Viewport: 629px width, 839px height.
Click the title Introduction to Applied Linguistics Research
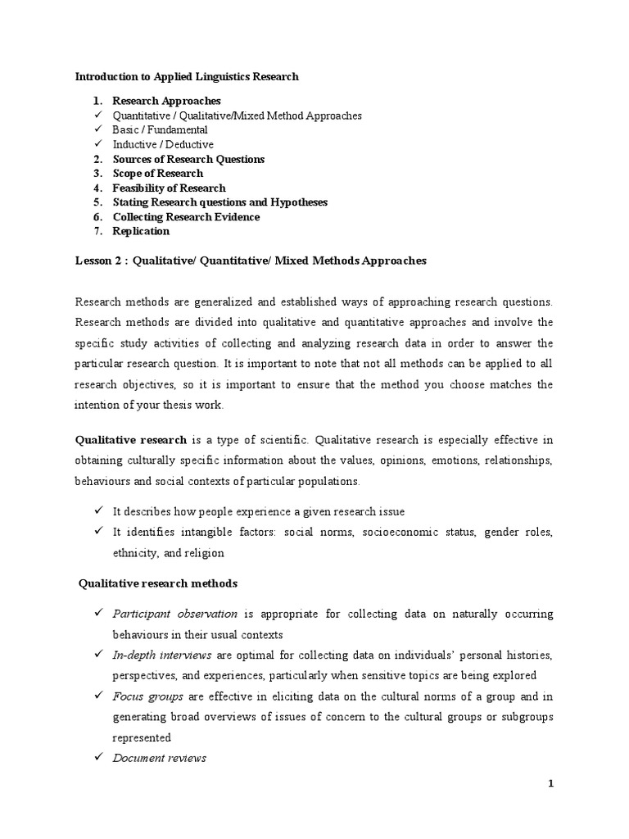(x=187, y=76)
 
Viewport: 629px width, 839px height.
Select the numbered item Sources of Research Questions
(x=188, y=159)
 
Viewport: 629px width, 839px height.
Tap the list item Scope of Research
(x=157, y=174)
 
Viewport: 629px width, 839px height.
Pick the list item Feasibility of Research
(x=169, y=188)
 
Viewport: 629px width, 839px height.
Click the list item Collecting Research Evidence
(x=186, y=217)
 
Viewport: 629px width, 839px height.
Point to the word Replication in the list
(x=141, y=231)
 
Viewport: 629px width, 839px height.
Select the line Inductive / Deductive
(x=163, y=144)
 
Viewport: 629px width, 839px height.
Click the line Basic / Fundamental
(x=160, y=129)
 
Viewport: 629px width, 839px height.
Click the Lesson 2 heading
(x=251, y=261)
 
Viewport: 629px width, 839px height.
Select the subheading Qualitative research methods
(x=157, y=583)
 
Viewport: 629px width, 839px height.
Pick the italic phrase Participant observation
(x=174, y=613)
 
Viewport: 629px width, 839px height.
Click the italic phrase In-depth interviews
(x=162, y=655)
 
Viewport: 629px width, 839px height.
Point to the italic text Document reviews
(x=159, y=758)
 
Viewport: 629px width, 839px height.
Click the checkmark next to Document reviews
(x=97, y=758)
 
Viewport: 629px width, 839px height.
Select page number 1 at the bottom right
(x=551, y=783)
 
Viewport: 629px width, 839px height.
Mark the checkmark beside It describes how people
(x=97, y=511)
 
